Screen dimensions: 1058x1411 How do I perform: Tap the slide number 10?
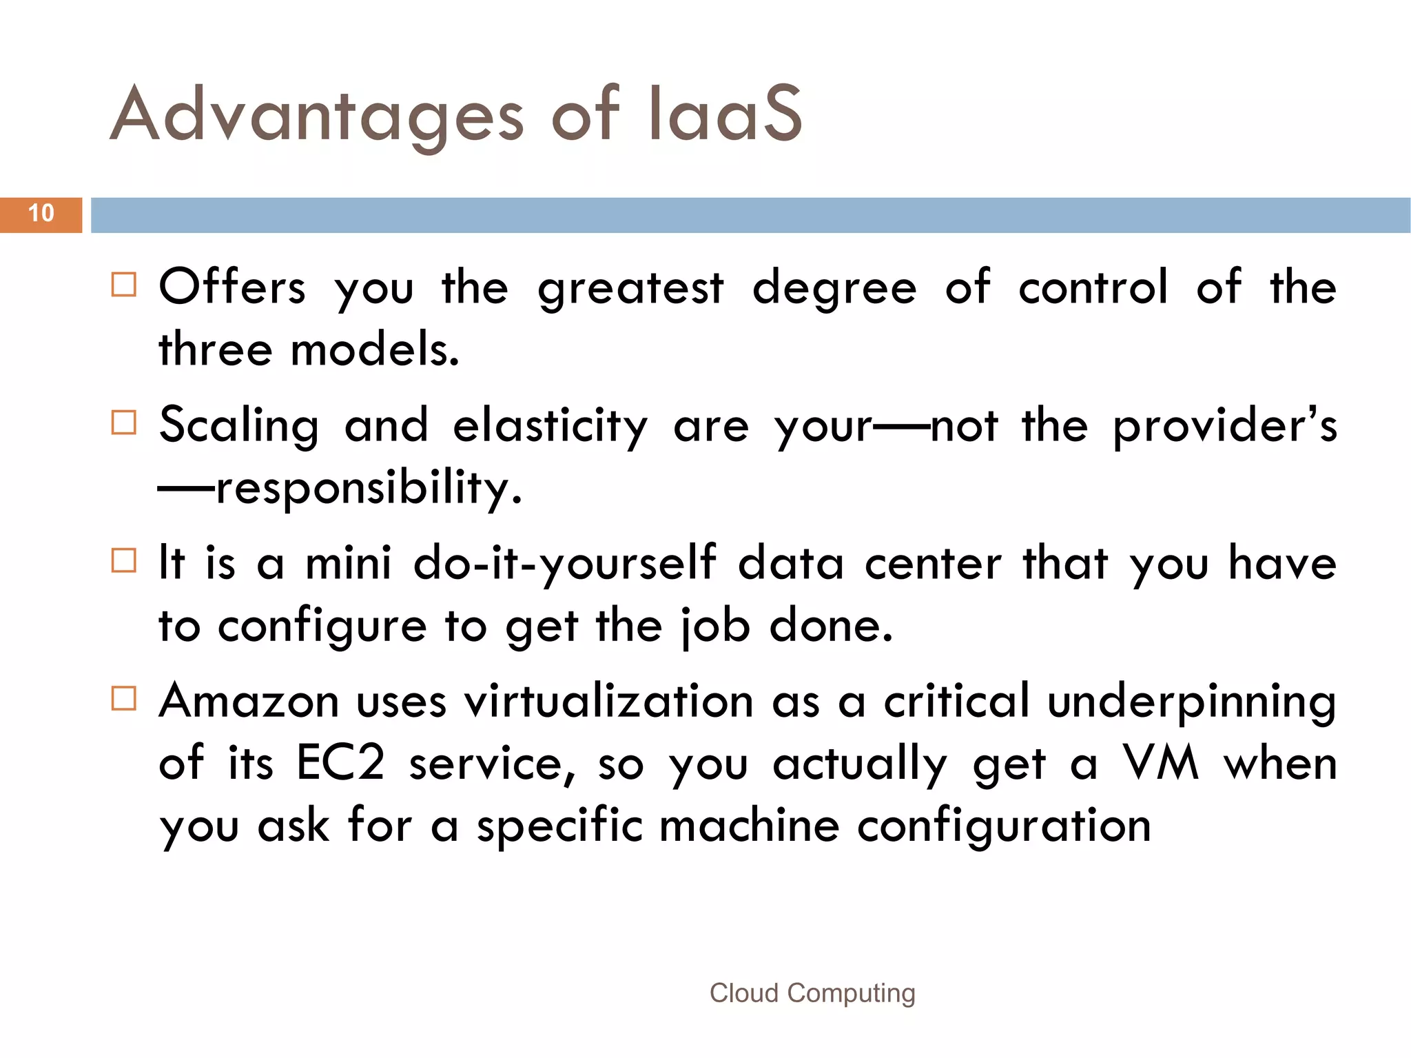coord(41,214)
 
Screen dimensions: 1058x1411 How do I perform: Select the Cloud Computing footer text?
coord(812,993)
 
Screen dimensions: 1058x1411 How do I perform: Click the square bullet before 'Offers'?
coord(124,285)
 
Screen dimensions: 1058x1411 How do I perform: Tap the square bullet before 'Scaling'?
coord(124,423)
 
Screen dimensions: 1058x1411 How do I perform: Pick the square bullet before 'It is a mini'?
coord(124,560)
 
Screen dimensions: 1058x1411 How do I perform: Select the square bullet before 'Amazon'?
coord(124,698)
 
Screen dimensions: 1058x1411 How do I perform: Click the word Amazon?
coord(249,702)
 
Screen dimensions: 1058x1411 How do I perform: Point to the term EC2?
coord(340,764)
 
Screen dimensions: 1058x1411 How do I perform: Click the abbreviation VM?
coord(1162,764)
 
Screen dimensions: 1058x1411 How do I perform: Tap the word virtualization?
coord(608,702)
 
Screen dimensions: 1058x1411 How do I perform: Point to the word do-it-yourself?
coord(564,564)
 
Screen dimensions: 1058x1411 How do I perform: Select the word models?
coord(375,350)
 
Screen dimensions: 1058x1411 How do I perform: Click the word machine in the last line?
coord(749,826)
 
